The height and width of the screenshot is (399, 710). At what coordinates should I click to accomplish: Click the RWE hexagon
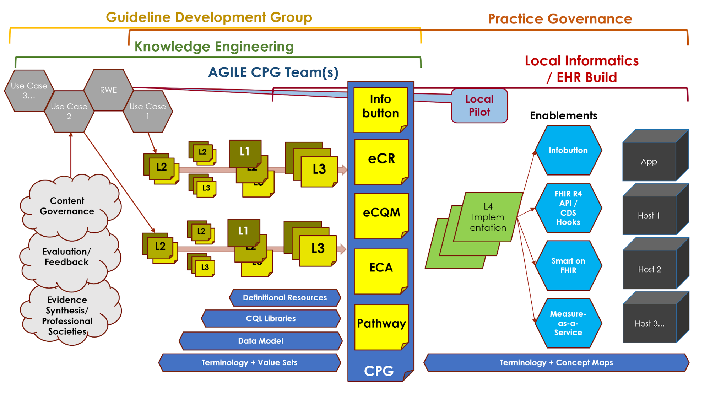(x=108, y=90)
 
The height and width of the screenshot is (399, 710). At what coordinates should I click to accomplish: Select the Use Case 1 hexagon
(x=147, y=111)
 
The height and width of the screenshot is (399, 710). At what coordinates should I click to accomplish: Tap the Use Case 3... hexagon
(x=29, y=91)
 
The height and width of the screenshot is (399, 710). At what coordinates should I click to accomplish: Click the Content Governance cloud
(x=67, y=206)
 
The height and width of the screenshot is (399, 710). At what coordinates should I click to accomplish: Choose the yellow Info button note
(x=380, y=107)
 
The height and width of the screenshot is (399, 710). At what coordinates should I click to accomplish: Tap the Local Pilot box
(x=479, y=106)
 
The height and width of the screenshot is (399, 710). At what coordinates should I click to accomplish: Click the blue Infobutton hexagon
(x=568, y=150)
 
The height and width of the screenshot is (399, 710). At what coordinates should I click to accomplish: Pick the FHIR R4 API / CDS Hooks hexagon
(x=568, y=208)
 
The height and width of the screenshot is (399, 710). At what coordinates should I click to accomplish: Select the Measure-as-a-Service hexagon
(x=568, y=323)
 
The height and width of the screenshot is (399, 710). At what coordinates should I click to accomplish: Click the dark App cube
(x=649, y=162)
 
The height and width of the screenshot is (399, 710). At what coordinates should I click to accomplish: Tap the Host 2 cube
(x=649, y=269)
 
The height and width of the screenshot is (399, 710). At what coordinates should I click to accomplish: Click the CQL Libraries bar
(x=271, y=318)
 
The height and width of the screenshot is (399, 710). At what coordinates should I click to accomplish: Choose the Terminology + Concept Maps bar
(x=556, y=362)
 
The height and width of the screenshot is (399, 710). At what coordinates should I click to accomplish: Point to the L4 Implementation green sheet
(x=488, y=217)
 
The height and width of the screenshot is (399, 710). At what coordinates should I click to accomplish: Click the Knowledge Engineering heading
(x=214, y=47)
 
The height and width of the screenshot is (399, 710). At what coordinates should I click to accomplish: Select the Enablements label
(x=563, y=115)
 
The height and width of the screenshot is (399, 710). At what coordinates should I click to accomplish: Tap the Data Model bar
(x=260, y=341)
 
